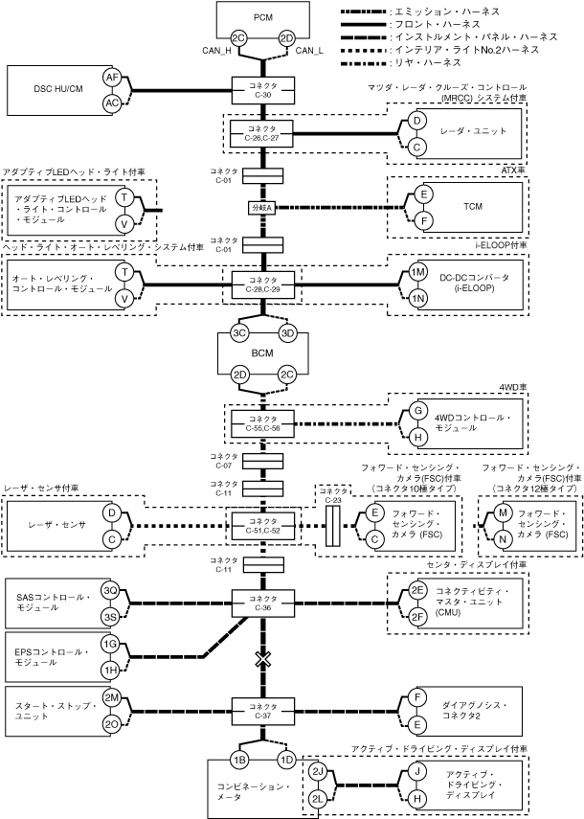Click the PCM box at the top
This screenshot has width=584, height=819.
coord(262,18)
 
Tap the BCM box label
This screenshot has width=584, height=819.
coord(262,353)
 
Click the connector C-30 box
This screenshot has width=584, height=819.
coord(262,90)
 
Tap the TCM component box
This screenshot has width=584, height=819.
coord(472,207)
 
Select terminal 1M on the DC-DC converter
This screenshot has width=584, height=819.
coord(417,272)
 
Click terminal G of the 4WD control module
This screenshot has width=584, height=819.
coord(417,411)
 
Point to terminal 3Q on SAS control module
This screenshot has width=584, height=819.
coord(111,590)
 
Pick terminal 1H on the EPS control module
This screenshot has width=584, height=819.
coord(111,667)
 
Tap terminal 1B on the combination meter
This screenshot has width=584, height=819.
coord(240,760)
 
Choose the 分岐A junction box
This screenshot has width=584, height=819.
coord(262,208)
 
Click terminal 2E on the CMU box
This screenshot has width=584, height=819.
coord(417,591)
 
